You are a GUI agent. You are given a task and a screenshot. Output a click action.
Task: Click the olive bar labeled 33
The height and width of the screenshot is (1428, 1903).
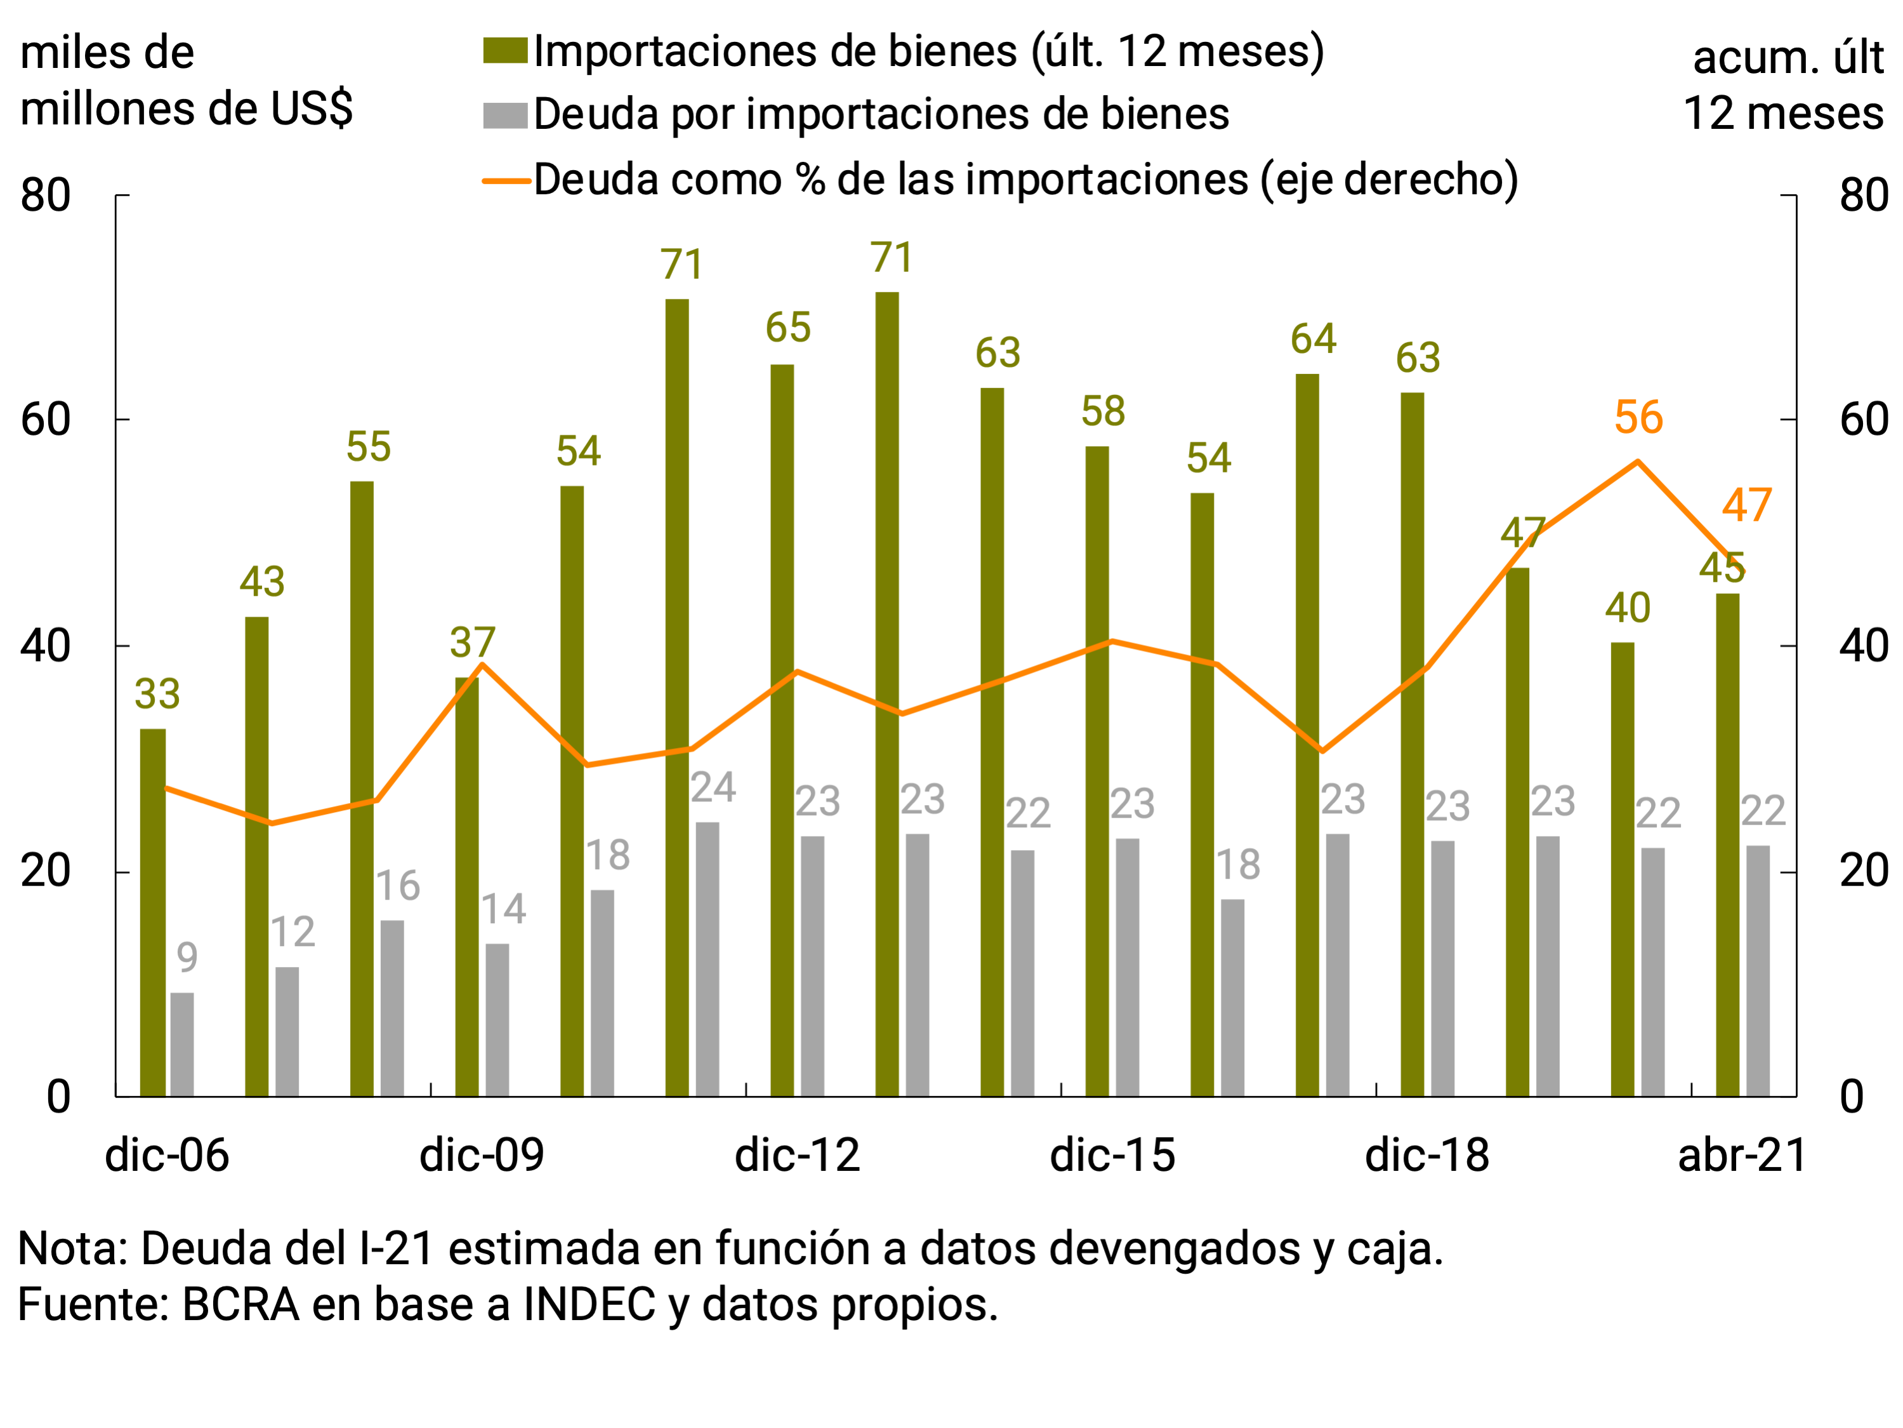(153, 912)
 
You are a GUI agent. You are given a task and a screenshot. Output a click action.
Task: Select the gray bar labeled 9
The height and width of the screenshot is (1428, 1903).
(182, 1044)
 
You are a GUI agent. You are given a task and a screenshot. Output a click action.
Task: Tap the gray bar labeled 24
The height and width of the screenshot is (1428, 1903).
(707, 959)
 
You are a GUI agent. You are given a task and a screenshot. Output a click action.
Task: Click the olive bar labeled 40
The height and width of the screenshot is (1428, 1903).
(1623, 869)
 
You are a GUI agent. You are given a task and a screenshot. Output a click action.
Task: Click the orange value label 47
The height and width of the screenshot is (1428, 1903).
(1746, 505)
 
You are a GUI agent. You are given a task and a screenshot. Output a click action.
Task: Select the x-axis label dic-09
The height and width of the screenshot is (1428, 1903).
(482, 1155)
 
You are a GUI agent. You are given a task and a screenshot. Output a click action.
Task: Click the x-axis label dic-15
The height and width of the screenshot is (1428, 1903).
(1112, 1155)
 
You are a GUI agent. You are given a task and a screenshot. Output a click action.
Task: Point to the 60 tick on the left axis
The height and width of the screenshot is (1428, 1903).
(45, 420)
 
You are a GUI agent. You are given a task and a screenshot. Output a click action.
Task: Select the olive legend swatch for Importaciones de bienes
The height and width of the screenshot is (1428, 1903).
(505, 51)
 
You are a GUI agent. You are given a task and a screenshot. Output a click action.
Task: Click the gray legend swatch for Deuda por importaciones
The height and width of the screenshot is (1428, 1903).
(505, 116)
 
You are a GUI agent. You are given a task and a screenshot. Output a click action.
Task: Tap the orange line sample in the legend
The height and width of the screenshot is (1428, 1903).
(505, 181)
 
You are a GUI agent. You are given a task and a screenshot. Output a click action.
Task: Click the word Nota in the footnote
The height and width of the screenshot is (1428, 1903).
(72, 1249)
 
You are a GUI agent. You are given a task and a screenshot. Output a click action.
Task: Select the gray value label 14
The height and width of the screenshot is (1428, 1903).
(503, 910)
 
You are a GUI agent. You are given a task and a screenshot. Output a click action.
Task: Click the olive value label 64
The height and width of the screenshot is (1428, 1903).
(1313, 338)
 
